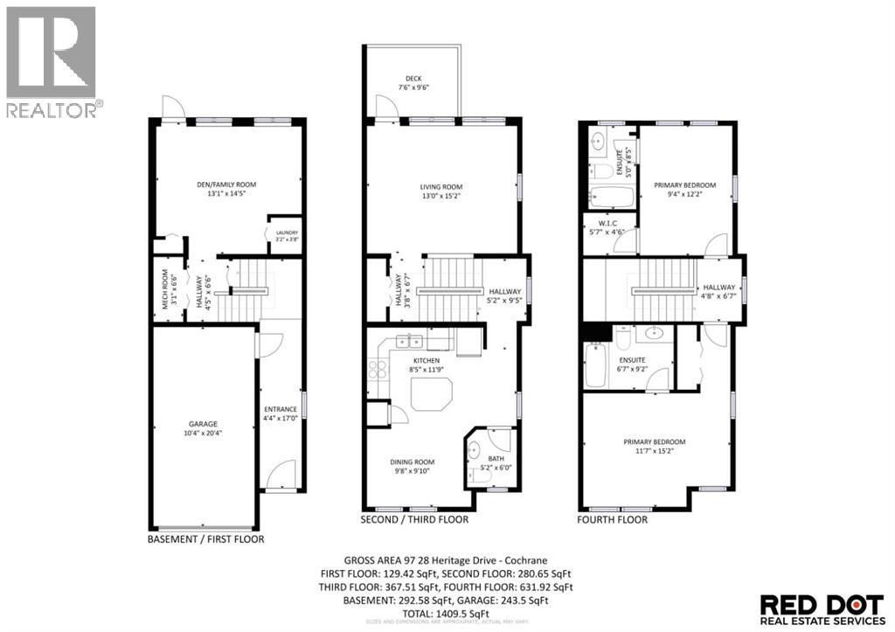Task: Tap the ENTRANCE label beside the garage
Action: [281, 409]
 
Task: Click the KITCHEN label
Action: [427, 360]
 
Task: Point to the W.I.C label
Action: [604, 224]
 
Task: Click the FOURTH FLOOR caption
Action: [613, 519]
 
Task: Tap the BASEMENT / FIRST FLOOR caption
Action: [205, 539]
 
